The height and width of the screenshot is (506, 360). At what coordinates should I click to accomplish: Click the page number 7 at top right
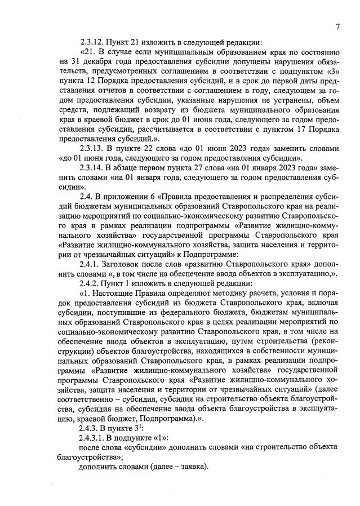337,26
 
